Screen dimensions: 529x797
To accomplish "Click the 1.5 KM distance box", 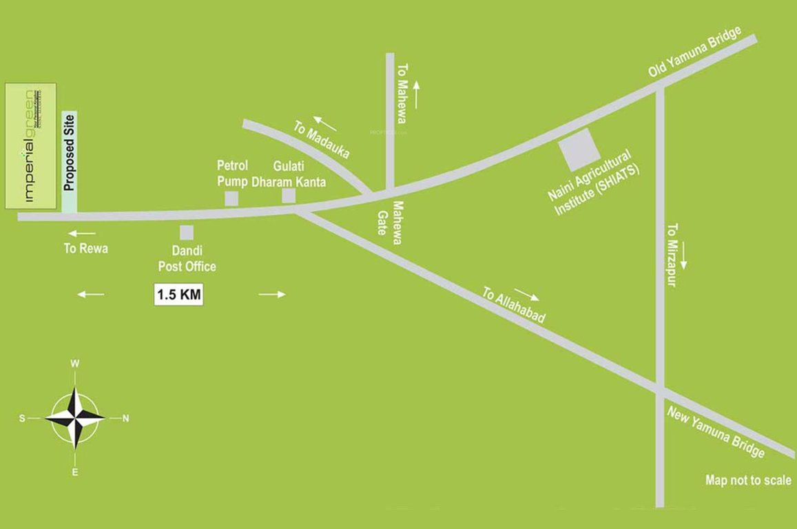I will [x=178, y=295].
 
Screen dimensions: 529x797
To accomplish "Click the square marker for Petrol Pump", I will [x=231, y=198].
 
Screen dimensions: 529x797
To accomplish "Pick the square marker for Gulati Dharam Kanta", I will [x=289, y=196].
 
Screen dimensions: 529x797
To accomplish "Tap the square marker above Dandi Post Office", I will [x=186, y=232].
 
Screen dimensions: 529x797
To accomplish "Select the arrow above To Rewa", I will [x=82, y=234].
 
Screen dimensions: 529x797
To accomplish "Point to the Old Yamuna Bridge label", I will [x=694, y=52].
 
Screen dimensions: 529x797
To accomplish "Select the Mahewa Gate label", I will [x=390, y=218].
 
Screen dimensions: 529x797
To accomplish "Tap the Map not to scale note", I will [x=748, y=480].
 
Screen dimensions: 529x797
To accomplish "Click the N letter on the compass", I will [x=125, y=418].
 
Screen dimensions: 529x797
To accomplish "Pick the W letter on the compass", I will [x=75, y=364].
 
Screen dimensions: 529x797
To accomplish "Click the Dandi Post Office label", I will [x=187, y=260].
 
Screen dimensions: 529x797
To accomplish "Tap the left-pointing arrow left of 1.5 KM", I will [x=91, y=294].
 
